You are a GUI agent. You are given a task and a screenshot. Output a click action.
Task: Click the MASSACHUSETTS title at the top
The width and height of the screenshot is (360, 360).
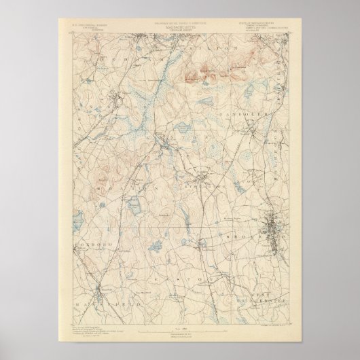(x=179, y=29)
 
